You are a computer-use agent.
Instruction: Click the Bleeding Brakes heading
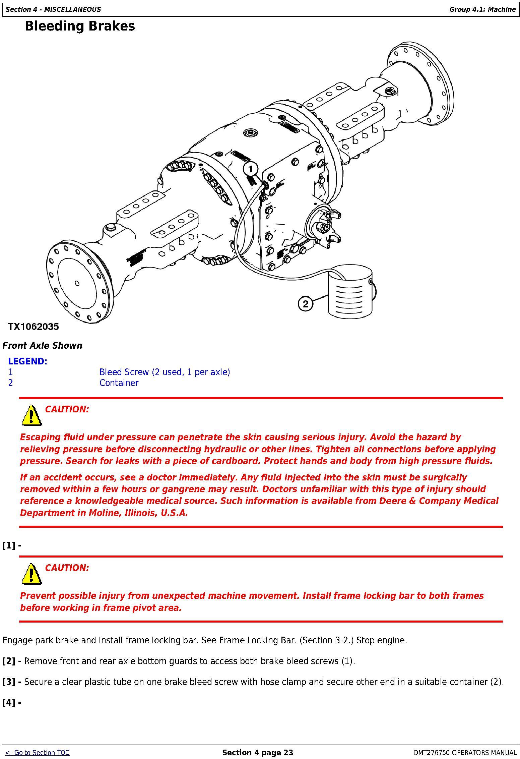pos(80,26)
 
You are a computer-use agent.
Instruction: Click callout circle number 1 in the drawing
pos(251,169)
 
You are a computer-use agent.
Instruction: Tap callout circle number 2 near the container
pos(305,304)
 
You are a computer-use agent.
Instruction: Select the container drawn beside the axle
pos(350,291)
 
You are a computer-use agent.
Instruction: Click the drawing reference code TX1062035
pos(33,327)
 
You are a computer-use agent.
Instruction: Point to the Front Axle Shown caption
pos(42,346)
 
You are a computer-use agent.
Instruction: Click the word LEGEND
pos(28,361)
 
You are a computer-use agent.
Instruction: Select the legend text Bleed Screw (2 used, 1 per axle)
pos(165,372)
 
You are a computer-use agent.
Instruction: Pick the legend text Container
pos(119,383)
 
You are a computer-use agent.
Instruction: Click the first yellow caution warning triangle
pos(31,415)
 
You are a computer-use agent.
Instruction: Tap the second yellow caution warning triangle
pos(31,574)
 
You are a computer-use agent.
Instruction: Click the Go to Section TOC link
pos(38,753)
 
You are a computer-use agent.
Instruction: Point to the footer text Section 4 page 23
pos(258,753)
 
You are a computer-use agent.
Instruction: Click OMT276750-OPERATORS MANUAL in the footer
pos(465,753)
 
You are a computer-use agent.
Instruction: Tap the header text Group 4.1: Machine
pos(482,9)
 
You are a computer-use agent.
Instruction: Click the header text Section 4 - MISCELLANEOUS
pos(53,9)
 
